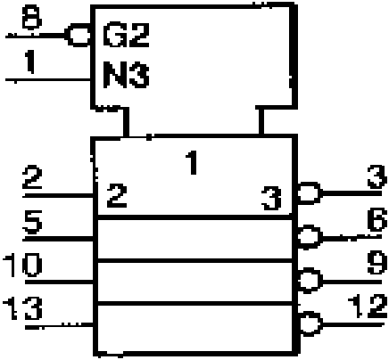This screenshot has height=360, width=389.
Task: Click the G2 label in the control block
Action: click(126, 36)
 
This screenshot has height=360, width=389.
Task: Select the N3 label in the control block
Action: click(126, 74)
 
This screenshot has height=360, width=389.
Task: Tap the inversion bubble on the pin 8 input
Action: click(78, 36)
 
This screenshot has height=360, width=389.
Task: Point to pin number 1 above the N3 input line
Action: click(29, 61)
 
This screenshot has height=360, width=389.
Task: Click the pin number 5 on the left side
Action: click(32, 222)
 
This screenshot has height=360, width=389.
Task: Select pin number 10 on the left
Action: click(22, 265)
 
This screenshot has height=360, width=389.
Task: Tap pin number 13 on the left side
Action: click(22, 308)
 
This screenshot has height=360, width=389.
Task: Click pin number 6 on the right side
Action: click(377, 219)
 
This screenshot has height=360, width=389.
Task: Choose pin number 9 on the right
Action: click(377, 263)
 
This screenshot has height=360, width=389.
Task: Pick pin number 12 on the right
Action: click(368, 306)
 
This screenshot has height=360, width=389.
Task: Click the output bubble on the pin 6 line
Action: click(310, 237)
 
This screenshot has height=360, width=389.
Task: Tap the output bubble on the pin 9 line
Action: click(310, 281)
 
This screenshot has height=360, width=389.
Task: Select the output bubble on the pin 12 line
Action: click(310, 323)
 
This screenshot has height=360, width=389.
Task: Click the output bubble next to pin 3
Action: click(310, 193)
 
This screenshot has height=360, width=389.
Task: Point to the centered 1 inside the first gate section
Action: click(192, 162)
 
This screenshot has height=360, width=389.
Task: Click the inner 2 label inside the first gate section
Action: click(117, 195)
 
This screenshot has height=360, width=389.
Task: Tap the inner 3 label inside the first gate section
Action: click(271, 198)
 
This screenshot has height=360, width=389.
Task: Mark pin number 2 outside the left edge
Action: click(32, 178)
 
